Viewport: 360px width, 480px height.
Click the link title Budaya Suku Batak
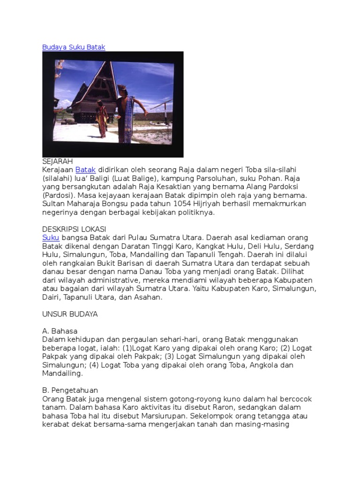point(74,47)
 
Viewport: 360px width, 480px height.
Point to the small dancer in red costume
point(102,119)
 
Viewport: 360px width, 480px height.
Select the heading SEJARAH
point(58,161)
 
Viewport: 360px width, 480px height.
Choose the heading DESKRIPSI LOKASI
point(74,229)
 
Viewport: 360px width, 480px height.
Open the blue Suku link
point(51,238)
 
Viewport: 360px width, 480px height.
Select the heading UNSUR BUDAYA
point(70,314)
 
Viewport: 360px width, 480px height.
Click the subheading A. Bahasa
point(60,331)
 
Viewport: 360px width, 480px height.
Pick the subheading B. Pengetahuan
point(70,390)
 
